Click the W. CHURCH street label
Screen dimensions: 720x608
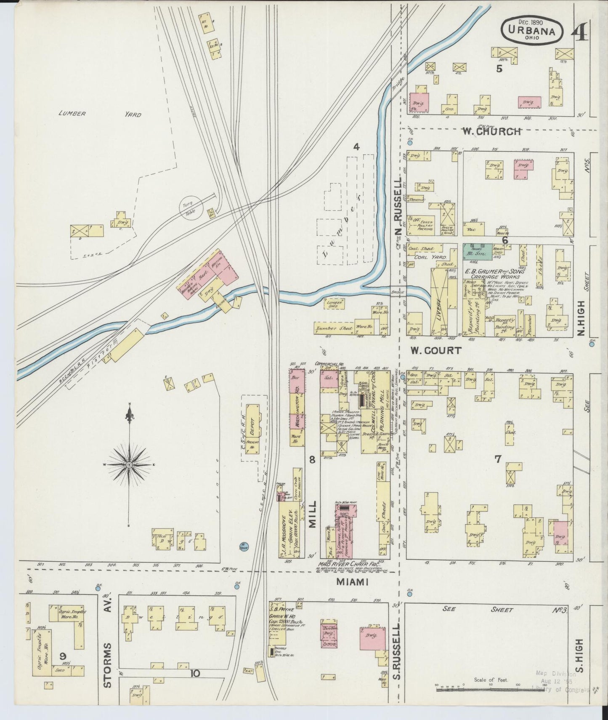click(492, 131)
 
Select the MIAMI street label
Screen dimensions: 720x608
click(353, 582)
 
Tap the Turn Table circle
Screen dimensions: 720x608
click(191, 208)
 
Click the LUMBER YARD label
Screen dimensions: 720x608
click(100, 114)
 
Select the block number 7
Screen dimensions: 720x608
click(498, 459)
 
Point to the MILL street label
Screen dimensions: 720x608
click(312, 514)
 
